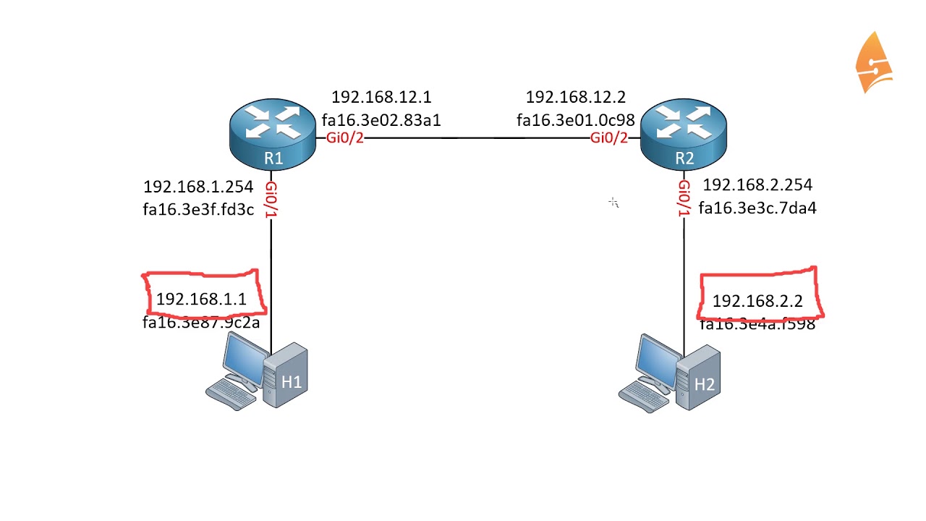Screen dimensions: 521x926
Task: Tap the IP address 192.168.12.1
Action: pyautogui.click(x=381, y=98)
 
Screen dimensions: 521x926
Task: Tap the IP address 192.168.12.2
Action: pyautogui.click(x=575, y=98)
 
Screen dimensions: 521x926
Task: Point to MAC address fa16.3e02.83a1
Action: pyautogui.click(x=381, y=120)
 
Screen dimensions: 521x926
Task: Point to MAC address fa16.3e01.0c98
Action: pyautogui.click(x=575, y=120)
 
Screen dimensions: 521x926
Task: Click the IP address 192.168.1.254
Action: pyautogui.click(x=198, y=187)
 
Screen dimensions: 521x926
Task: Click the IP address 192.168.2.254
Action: pyautogui.click(x=757, y=185)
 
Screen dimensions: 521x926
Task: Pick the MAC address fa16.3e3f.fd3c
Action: pyautogui.click(x=198, y=210)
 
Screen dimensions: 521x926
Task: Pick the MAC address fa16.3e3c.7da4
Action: pyautogui.click(x=757, y=208)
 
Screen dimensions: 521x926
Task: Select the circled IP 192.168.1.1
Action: pyautogui.click(x=201, y=299)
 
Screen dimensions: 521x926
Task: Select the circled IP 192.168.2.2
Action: pyautogui.click(x=757, y=301)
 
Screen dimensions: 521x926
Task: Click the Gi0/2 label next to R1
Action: pyautogui.click(x=344, y=138)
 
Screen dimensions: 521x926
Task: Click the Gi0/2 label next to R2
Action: pyautogui.click(x=609, y=138)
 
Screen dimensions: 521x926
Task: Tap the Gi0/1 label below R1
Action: pyautogui.click(x=271, y=199)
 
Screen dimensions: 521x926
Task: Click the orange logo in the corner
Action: pyautogui.click(x=873, y=63)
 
